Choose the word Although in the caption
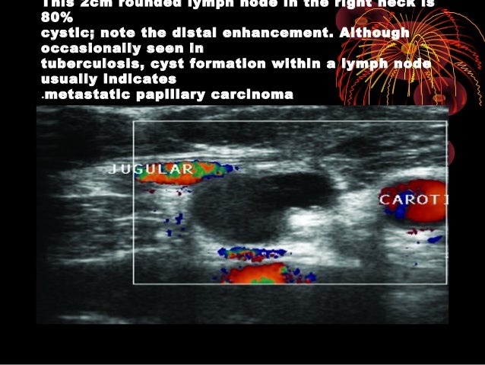click(374, 34)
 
